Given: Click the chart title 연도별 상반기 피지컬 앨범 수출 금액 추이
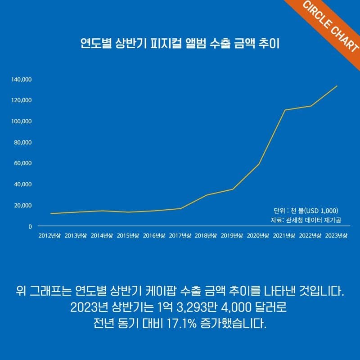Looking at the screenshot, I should [x=180, y=45].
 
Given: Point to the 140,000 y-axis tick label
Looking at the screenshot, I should [x=21, y=80].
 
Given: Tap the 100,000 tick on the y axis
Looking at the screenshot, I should [x=21, y=121].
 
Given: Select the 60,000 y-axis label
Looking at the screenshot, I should [x=22, y=163].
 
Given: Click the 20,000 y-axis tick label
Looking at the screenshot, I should [x=22, y=206].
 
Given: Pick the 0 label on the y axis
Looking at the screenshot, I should [x=30, y=227].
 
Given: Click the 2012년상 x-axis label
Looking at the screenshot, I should [x=49, y=236].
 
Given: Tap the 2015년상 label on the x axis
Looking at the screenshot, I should [x=128, y=236].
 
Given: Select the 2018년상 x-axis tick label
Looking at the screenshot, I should [x=206, y=236].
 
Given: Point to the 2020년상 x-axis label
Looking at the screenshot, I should [x=258, y=236].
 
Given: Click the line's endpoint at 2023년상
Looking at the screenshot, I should [x=337, y=86].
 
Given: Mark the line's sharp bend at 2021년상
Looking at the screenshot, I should [x=285, y=110].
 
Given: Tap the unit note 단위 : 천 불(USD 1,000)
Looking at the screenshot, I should [x=306, y=211].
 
